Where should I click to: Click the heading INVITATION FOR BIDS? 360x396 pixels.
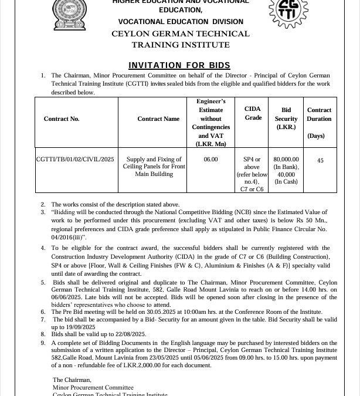(179, 65)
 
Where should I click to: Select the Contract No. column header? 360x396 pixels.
(61, 119)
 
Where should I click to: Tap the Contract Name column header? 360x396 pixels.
(158, 119)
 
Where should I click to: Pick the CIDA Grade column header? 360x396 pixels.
(253, 114)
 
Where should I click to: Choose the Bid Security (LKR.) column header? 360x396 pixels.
(286, 119)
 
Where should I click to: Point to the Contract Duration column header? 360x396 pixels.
(319, 114)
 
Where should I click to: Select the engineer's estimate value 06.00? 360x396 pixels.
(210, 160)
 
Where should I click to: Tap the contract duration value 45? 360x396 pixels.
(320, 160)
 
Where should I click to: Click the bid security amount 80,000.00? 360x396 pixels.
(286, 159)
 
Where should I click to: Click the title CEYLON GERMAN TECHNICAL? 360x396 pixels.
(180, 34)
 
